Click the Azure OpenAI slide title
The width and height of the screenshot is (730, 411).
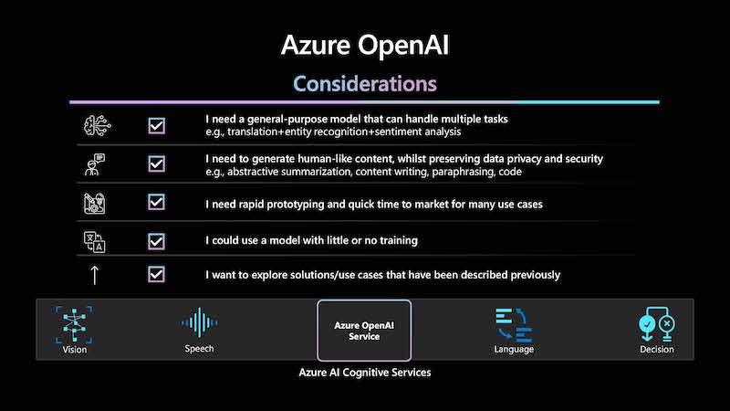tap(365, 46)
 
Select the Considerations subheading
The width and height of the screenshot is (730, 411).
tap(365, 84)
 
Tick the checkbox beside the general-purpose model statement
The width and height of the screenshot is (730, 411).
tap(156, 125)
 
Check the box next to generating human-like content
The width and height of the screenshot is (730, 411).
tap(156, 163)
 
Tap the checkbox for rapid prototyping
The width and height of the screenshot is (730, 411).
tap(156, 202)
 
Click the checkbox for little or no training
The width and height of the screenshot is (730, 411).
tap(156, 241)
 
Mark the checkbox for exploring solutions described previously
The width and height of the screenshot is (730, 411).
tap(156, 274)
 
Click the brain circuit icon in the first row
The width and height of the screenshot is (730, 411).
tap(97, 125)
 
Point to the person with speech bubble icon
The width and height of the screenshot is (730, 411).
tap(95, 164)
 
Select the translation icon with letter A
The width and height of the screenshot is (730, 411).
tap(95, 242)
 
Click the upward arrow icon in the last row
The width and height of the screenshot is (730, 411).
tap(95, 275)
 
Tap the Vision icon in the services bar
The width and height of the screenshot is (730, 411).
tap(74, 324)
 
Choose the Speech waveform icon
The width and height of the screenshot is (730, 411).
tap(199, 322)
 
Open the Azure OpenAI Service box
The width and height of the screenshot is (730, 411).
tap(364, 331)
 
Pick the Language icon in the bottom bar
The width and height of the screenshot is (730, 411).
tap(514, 325)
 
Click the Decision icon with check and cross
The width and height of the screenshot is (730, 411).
tap(656, 324)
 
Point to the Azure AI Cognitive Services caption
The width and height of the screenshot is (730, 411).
tap(365, 373)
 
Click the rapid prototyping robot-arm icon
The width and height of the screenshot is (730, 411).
tap(95, 203)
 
